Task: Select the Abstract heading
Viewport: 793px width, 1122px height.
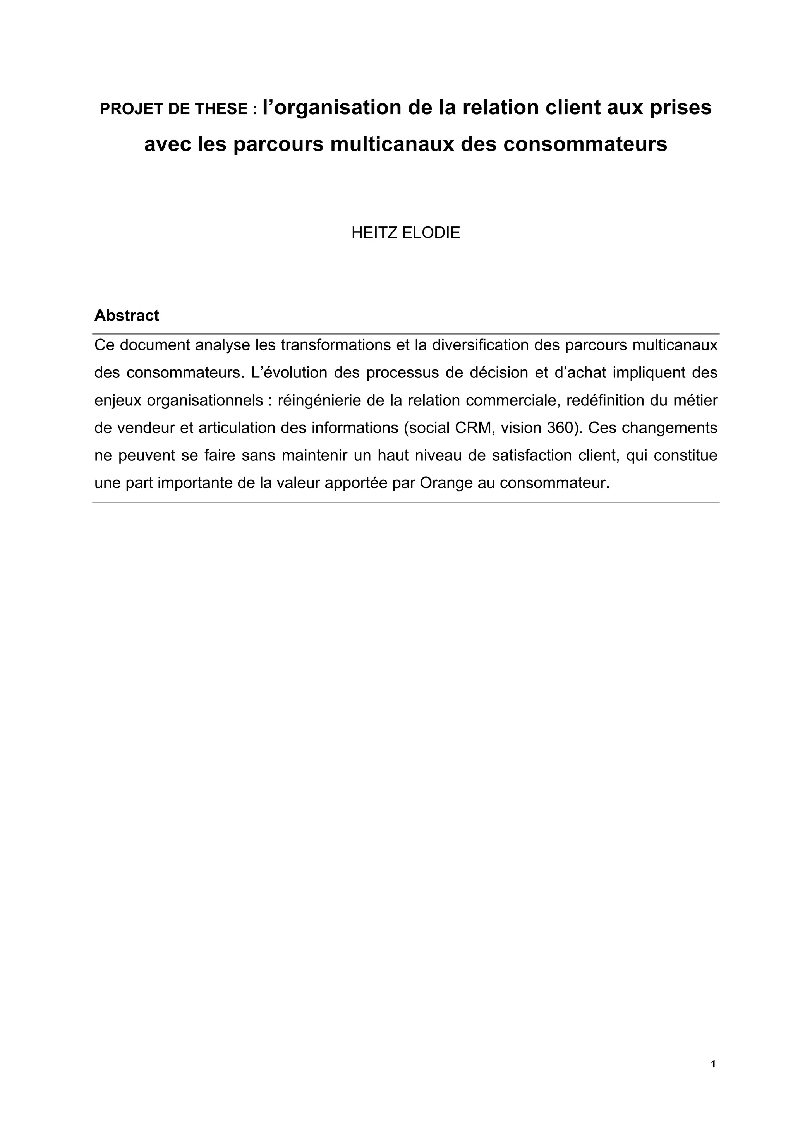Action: click(x=127, y=316)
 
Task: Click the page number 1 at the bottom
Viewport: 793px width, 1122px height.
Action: click(x=713, y=1064)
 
